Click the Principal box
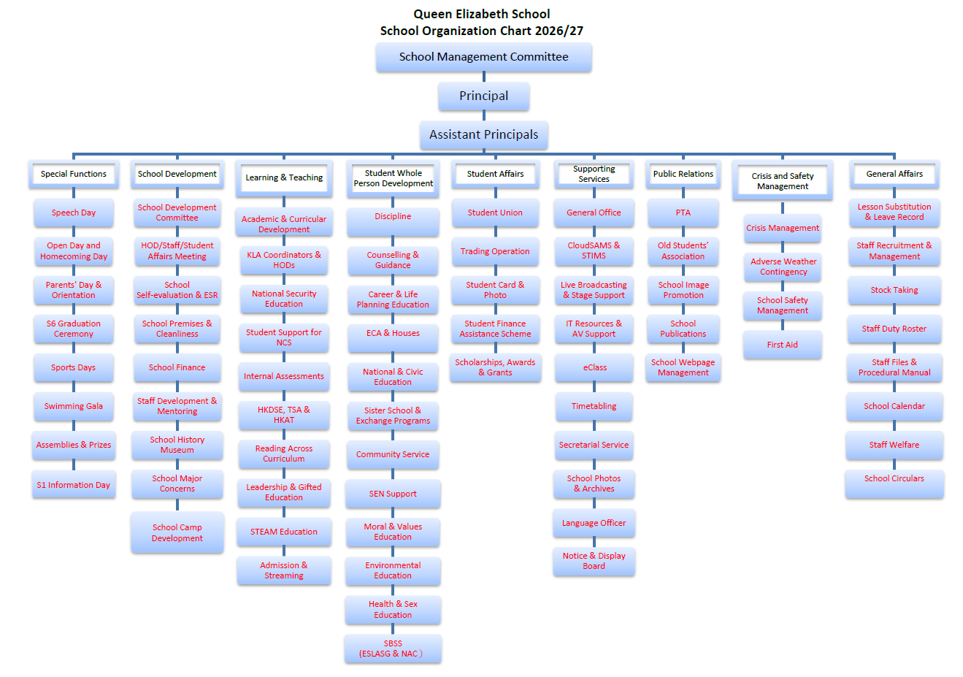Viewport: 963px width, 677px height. (483, 96)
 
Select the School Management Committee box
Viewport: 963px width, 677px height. (483, 57)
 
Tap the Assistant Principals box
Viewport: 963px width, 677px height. (483, 134)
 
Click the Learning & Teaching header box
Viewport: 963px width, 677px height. (284, 178)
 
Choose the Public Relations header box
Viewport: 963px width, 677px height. (683, 175)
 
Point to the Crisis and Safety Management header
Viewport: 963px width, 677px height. (783, 180)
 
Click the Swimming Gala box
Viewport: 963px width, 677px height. (74, 406)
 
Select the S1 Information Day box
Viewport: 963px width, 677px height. (74, 484)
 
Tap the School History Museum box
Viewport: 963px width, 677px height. (177, 445)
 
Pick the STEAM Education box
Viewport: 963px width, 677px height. (284, 532)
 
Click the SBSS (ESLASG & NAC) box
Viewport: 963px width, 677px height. (393, 649)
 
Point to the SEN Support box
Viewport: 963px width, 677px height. (393, 494)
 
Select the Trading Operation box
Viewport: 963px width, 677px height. (495, 251)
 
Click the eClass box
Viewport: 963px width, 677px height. (594, 367)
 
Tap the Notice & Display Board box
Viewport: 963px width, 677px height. (594, 561)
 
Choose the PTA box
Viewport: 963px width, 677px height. (683, 213)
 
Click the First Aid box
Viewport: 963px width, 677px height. (783, 345)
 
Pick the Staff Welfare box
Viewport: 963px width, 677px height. (894, 445)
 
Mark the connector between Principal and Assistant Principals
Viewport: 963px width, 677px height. (484, 115)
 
